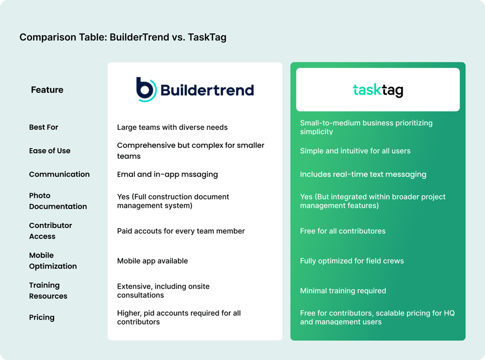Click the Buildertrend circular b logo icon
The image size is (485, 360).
point(145,89)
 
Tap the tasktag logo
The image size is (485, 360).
point(378,90)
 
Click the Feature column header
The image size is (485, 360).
point(47,90)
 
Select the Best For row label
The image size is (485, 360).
point(43,127)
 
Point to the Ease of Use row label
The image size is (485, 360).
point(50,151)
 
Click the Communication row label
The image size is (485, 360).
point(59,174)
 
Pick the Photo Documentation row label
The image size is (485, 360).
point(58,201)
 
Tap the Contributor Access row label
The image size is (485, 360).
point(51,231)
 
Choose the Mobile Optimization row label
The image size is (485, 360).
point(53,261)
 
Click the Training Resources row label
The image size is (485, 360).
point(48,291)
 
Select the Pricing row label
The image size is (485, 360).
point(41,318)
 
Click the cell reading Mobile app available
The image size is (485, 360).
point(152,261)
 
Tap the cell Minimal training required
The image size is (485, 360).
point(343,291)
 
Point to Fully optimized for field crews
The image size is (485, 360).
point(352,261)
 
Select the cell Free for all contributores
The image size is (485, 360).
point(343,231)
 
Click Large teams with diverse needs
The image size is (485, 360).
point(172,127)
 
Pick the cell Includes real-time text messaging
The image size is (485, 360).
point(363,174)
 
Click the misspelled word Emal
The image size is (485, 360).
point(126,174)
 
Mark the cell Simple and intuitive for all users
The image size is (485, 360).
point(355,151)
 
